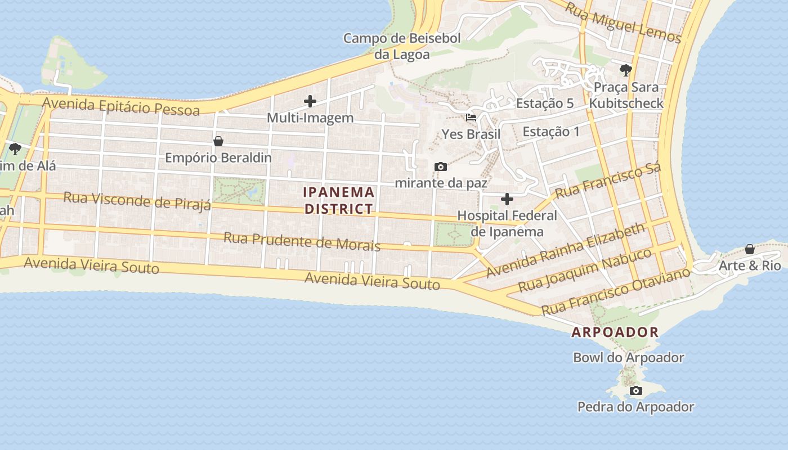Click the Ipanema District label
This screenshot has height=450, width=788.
338,200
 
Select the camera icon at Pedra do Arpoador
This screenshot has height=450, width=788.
636,390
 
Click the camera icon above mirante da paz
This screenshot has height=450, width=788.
441,166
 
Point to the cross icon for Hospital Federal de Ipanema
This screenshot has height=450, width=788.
507,199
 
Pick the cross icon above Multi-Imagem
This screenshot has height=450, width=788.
310,101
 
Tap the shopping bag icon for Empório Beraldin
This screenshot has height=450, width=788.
218,141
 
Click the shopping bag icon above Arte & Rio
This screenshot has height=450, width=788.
750,249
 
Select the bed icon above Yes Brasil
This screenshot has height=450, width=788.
471,118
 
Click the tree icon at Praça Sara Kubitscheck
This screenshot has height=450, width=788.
625,70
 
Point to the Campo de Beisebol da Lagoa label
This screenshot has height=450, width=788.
402,46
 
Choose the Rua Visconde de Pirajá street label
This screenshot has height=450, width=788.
137,200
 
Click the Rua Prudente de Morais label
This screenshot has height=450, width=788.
302,241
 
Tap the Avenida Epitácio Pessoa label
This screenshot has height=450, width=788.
121,106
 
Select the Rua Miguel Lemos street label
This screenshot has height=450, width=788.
623,24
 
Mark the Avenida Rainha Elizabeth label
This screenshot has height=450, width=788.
566,250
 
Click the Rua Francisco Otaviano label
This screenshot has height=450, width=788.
615,291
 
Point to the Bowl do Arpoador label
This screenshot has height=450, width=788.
628,357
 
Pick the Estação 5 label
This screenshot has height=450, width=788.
544,103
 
